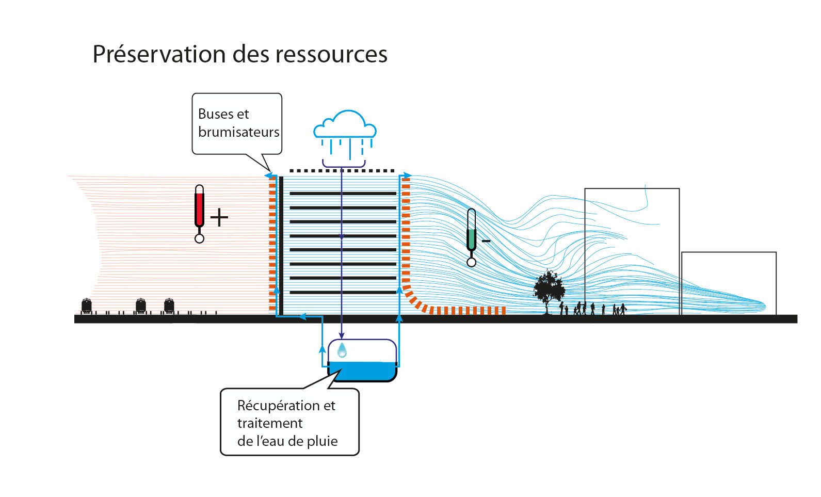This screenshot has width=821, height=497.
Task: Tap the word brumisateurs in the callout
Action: point(238,132)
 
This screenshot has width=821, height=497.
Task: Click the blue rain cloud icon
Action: point(345,127)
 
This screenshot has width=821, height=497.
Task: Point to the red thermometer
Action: point(200,212)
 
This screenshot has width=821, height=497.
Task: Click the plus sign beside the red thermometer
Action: point(219,217)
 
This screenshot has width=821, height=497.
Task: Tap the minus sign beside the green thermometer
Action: point(486,241)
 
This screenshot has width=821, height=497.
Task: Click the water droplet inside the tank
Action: point(342,351)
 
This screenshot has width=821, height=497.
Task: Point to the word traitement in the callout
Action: point(270,423)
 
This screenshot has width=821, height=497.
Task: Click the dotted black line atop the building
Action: point(342,170)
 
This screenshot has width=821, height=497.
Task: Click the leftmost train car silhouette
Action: point(87,306)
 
